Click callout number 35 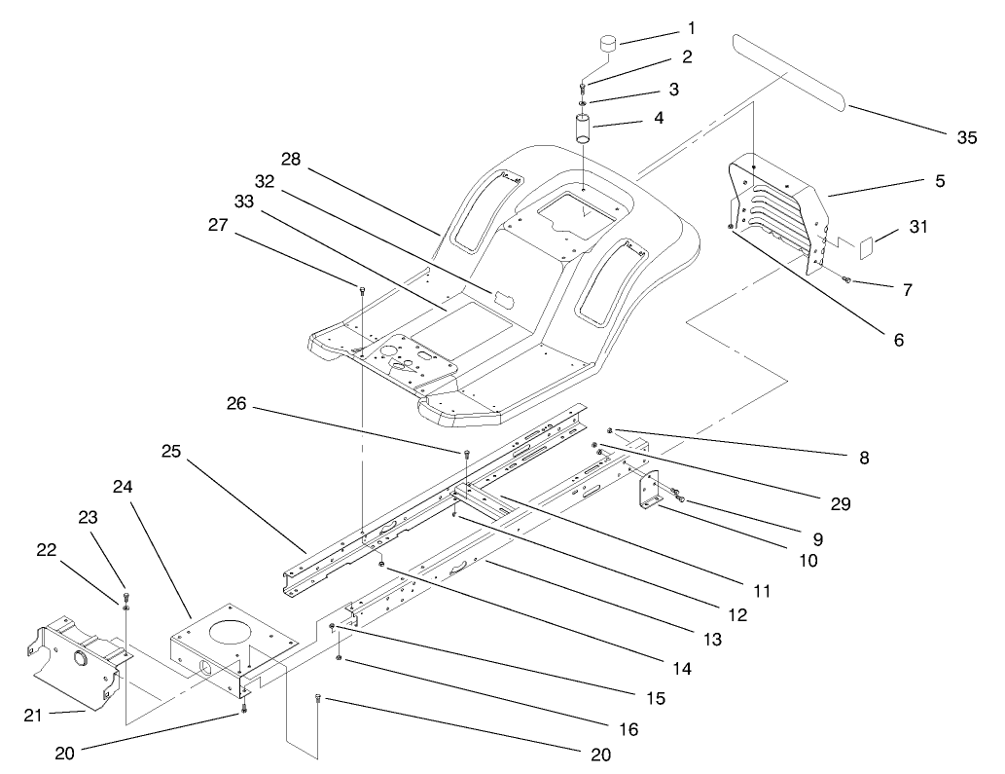[965, 137]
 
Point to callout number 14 [682, 669]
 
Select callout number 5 [938, 180]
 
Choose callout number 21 [34, 716]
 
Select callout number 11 [760, 590]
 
